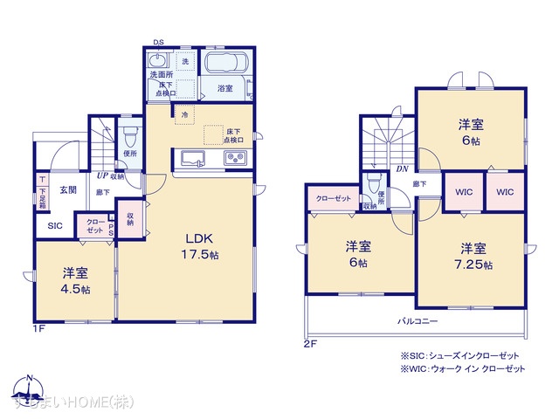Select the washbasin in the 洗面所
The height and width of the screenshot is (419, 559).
point(158,62)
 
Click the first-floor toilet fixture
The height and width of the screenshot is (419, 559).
point(130,137)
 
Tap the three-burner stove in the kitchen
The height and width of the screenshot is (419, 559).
point(236,158)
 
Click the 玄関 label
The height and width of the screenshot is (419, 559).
point(68,189)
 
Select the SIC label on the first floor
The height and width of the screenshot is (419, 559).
point(53,225)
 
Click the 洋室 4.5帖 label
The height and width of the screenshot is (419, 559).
point(73,278)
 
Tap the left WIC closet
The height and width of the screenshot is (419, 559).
point(463,192)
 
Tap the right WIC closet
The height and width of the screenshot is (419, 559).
point(505,192)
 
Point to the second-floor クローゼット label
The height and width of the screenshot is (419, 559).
point(333,199)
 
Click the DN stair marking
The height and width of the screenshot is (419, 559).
point(403,169)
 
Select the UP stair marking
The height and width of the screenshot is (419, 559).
point(103,175)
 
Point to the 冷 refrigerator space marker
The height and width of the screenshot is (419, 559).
point(184,114)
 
